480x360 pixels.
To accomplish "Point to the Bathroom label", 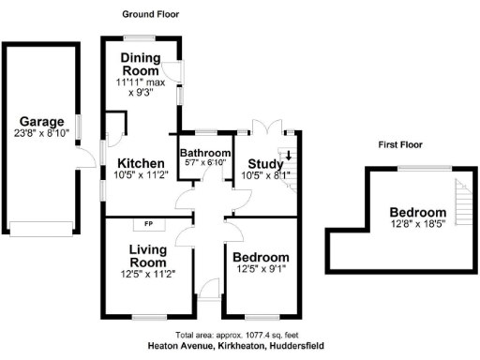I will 205,153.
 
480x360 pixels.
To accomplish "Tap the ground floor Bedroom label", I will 261,258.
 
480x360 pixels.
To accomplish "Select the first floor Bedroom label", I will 418,213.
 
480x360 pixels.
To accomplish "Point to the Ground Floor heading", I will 151,14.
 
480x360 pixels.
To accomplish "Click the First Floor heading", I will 400,145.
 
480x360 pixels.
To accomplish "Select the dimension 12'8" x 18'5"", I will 418,225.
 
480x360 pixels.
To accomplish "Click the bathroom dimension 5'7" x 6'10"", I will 205,164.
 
